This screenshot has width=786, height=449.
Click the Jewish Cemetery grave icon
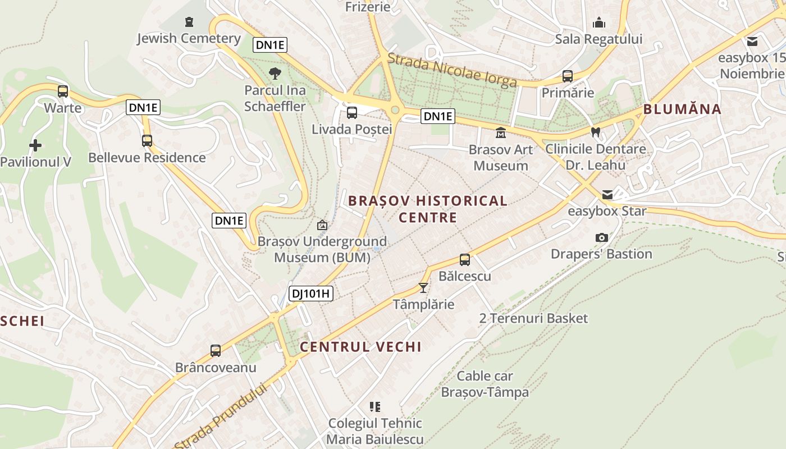coord(189,22)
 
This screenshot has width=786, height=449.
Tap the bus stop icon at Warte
coord(63,91)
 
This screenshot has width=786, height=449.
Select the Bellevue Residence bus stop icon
coord(147,141)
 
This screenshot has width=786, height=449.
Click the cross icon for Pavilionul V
coord(35,145)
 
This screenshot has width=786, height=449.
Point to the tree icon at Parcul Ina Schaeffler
coord(275,73)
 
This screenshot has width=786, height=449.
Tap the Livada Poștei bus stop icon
coord(352,113)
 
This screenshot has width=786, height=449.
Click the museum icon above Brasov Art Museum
coord(500,133)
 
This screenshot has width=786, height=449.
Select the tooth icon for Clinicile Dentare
coord(596,132)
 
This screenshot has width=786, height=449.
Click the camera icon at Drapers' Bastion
coord(601,237)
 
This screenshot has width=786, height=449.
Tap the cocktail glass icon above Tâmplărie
coord(423,288)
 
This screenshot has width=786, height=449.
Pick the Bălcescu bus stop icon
coord(465,260)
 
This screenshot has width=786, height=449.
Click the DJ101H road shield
coord(311,293)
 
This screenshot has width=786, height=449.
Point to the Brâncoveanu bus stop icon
coord(216,351)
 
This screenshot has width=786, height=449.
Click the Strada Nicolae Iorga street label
coord(452,70)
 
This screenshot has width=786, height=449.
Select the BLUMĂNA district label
coord(682,109)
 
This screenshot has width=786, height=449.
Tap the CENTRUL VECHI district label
coord(360,347)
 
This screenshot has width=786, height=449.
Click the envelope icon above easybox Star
coord(607,195)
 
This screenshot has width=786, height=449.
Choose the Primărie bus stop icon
coord(568,76)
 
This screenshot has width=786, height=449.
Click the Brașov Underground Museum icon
coord(322,225)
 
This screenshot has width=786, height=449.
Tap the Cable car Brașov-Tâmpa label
coord(485,384)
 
